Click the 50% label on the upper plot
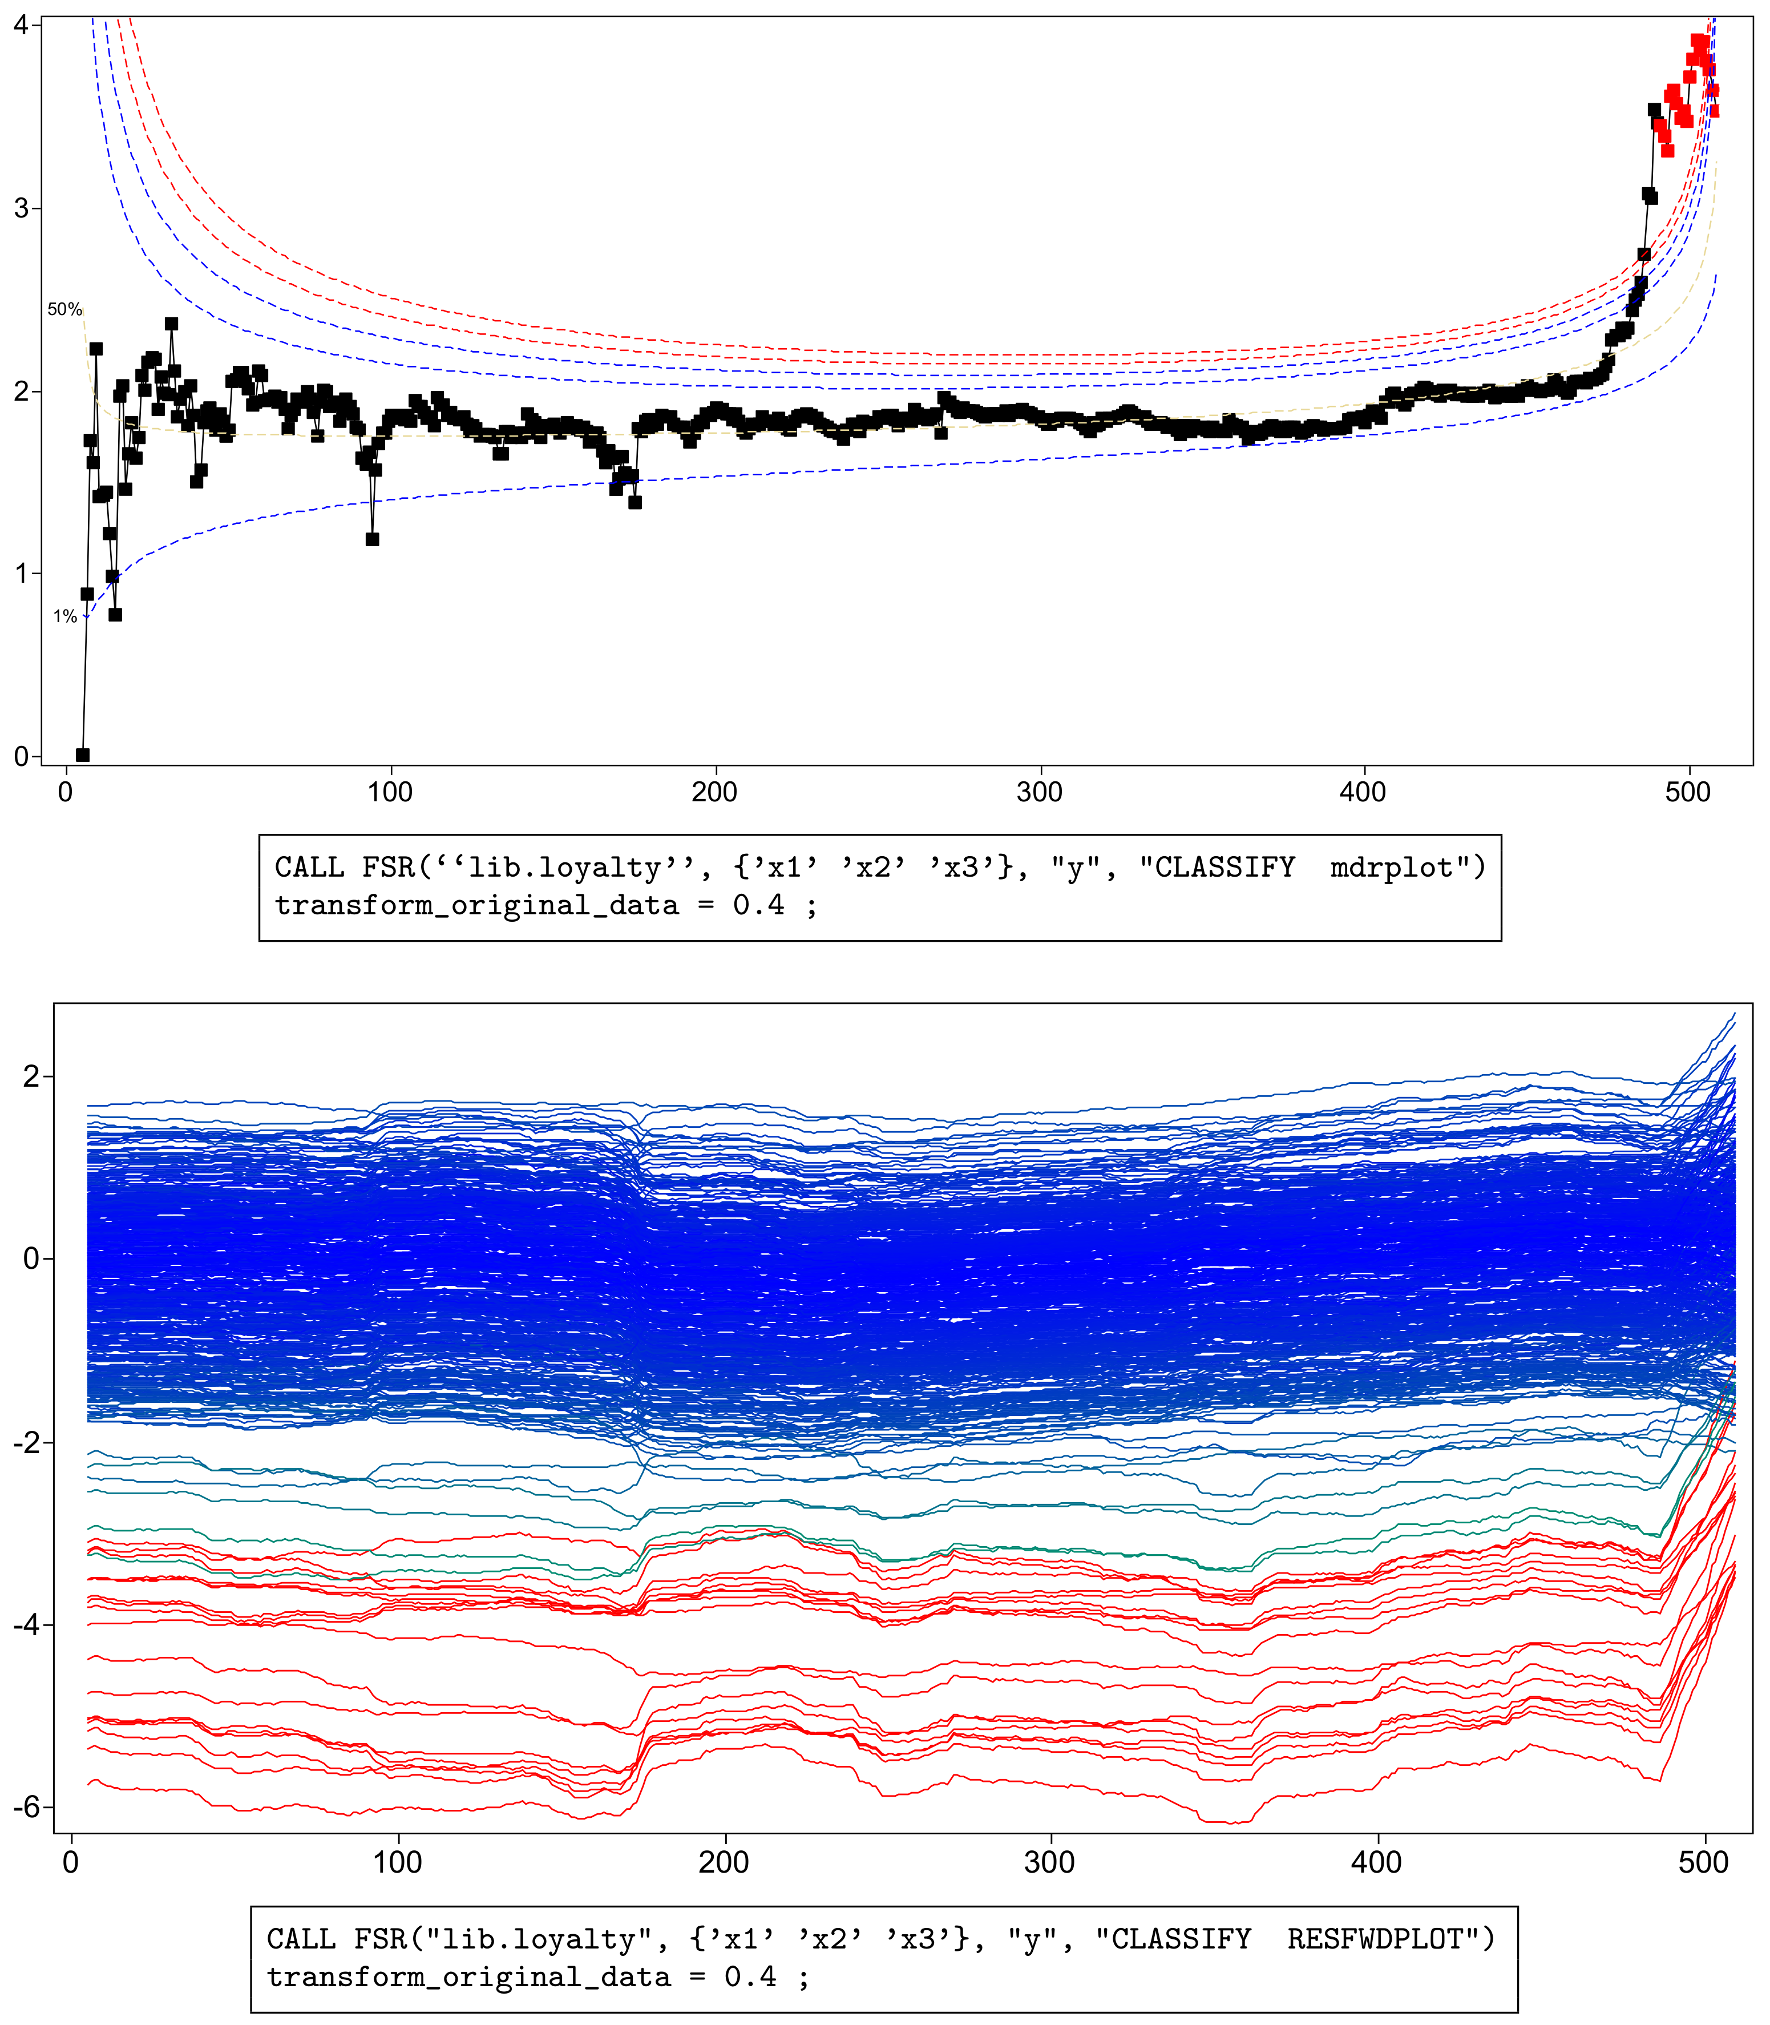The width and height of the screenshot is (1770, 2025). (x=64, y=309)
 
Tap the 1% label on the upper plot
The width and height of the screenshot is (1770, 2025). (x=65, y=616)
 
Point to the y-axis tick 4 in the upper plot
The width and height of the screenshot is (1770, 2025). (x=21, y=25)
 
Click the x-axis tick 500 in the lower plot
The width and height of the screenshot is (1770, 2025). (x=1703, y=1862)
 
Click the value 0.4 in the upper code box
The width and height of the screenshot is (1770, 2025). (x=758, y=905)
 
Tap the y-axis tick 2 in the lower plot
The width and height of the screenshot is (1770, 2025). (x=31, y=1076)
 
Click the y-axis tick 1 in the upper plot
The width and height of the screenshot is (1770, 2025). (x=21, y=574)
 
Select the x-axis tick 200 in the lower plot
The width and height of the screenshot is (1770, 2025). (x=724, y=1862)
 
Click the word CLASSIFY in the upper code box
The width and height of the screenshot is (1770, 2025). (x=1224, y=868)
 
